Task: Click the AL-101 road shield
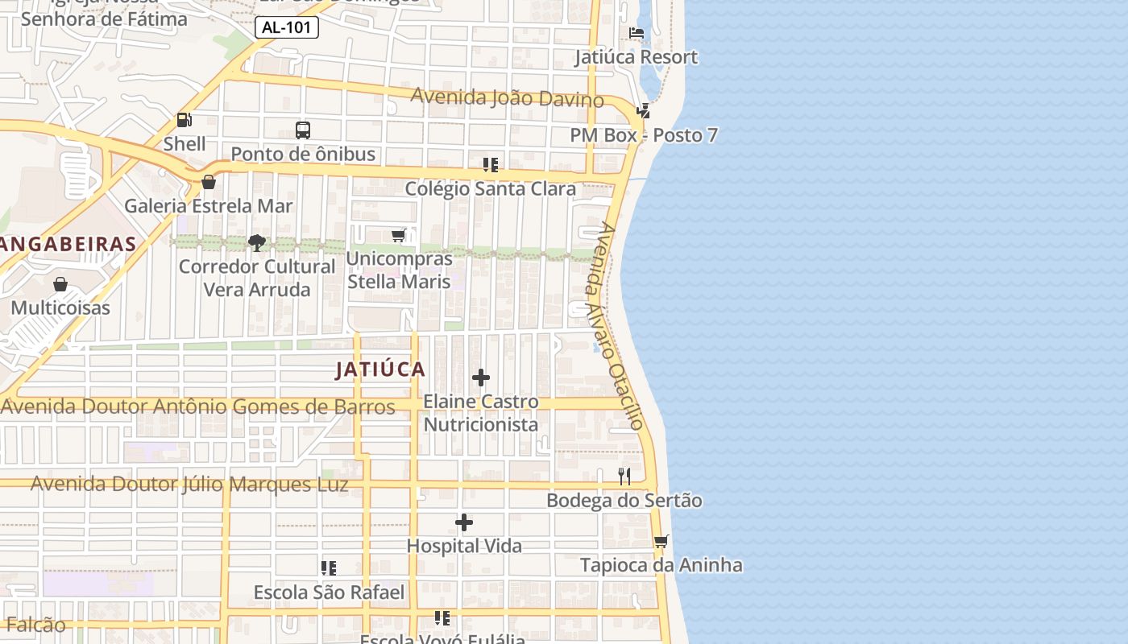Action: [287, 27]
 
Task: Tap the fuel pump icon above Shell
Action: [185, 121]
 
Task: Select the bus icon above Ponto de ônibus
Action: [303, 130]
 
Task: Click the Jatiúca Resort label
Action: [636, 57]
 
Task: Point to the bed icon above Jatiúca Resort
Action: [637, 34]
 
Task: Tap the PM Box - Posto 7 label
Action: [644, 135]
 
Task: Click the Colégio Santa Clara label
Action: [490, 189]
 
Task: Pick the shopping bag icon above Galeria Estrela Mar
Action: [209, 182]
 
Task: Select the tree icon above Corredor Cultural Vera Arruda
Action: [257, 242]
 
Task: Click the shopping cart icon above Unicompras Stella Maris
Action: [398, 235]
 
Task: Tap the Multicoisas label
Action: [60, 308]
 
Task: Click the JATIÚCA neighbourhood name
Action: [380, 369]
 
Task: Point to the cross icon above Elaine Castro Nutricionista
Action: [481, 378]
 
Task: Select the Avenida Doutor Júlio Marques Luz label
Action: [189, 485]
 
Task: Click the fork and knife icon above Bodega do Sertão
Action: [624, 477]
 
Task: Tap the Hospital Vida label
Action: [464, 546]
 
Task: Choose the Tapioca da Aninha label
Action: [661, 565]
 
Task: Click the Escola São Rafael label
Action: [329, 592]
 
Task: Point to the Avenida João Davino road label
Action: [507, 97]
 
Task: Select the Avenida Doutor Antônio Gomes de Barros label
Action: [198, 407]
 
